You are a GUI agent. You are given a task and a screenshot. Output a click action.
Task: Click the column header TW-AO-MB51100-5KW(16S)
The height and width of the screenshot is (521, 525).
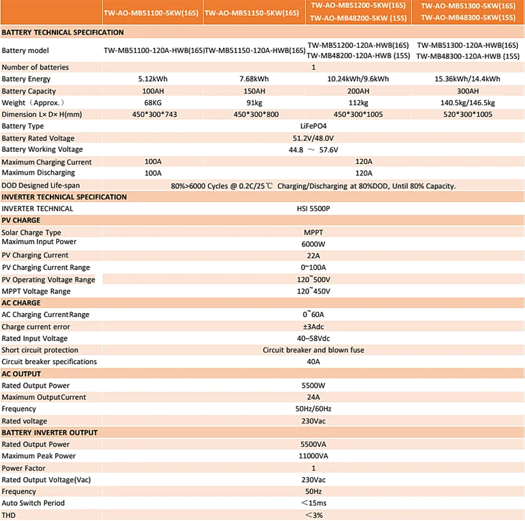[x=153, y=13]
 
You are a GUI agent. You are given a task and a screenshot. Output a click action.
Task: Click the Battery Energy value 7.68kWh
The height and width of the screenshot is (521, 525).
[x=254, y=79]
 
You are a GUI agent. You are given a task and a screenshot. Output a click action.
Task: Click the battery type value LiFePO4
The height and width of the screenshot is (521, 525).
[x=313, y=126]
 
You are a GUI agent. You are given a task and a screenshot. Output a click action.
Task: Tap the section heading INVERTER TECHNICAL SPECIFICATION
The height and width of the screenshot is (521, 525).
[x=65, y=197]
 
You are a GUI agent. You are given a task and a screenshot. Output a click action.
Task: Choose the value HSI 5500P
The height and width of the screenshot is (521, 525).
[x=313, y=209]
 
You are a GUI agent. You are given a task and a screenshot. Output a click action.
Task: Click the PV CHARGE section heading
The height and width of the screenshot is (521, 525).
[x=21, y=221]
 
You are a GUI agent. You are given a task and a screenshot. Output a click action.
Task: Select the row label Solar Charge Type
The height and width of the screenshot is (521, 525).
[x=31, y=233]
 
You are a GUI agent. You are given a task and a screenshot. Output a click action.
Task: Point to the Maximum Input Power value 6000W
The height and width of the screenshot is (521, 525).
[x=313, y=244]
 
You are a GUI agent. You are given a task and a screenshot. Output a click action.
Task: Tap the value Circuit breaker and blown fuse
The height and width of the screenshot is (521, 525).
[x=313, y=350]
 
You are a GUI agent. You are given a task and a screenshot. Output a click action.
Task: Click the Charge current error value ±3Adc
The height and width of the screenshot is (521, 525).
[x=313, y=327]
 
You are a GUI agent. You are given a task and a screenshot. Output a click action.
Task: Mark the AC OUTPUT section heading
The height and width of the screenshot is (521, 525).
[x=21, y=374]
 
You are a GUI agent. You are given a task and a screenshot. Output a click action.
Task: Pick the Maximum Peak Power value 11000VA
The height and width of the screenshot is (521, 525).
[x=313, y=456]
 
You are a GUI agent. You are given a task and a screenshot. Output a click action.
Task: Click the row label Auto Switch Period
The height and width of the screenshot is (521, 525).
[x=33, y=503]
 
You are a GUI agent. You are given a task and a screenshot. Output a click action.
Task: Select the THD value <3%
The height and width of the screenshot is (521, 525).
[x=313, y=515]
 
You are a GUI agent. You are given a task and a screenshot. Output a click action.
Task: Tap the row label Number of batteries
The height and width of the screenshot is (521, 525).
[x=35, y=67]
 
